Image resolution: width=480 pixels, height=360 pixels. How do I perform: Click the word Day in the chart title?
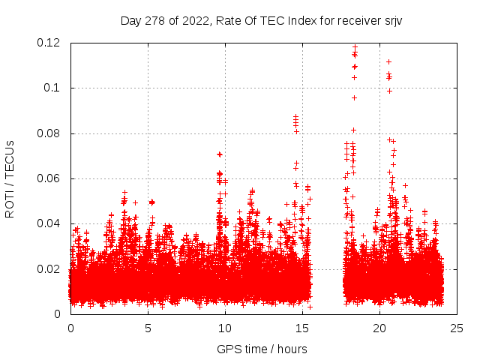(130, 20)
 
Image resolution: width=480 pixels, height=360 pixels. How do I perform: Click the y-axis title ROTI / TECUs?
(10, 178)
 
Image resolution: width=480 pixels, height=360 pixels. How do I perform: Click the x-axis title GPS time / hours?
(262, 349)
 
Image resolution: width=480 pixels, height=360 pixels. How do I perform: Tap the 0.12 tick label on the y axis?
(50, 43)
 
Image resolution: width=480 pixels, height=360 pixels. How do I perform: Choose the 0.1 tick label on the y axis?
(53, 88)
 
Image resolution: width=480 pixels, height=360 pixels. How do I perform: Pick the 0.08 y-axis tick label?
(50, 133)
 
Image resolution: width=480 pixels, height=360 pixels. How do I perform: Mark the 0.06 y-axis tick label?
(50, 178)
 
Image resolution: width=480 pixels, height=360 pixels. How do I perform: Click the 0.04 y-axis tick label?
(50, 223)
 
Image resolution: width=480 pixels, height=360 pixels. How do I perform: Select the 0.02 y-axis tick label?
(50, 269)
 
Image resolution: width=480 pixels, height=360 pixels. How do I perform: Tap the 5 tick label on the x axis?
(148, 328)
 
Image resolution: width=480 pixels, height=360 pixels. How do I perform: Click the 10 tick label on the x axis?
(225, 328)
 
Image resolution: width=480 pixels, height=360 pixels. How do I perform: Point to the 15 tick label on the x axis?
(302, 328)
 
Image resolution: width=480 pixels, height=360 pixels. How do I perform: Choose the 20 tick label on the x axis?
(379, 328)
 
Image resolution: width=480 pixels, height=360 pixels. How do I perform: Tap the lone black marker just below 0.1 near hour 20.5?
(389, 91)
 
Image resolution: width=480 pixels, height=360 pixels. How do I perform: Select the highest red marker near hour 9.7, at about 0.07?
(220, 154)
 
